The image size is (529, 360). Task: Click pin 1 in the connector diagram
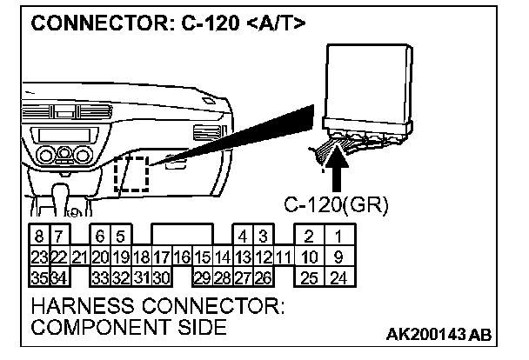click(338, 236)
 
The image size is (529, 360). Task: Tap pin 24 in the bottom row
click(338, 278)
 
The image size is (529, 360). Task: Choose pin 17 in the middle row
click(161, 257)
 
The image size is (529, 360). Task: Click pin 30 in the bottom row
click(161, 278)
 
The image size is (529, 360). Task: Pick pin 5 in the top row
click(121, 236)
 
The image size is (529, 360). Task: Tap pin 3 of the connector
click(262, 236)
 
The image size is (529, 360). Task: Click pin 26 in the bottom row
click(262, 278)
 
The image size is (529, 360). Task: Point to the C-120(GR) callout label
click(336, 206)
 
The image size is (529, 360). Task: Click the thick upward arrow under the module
click(338, 170)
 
